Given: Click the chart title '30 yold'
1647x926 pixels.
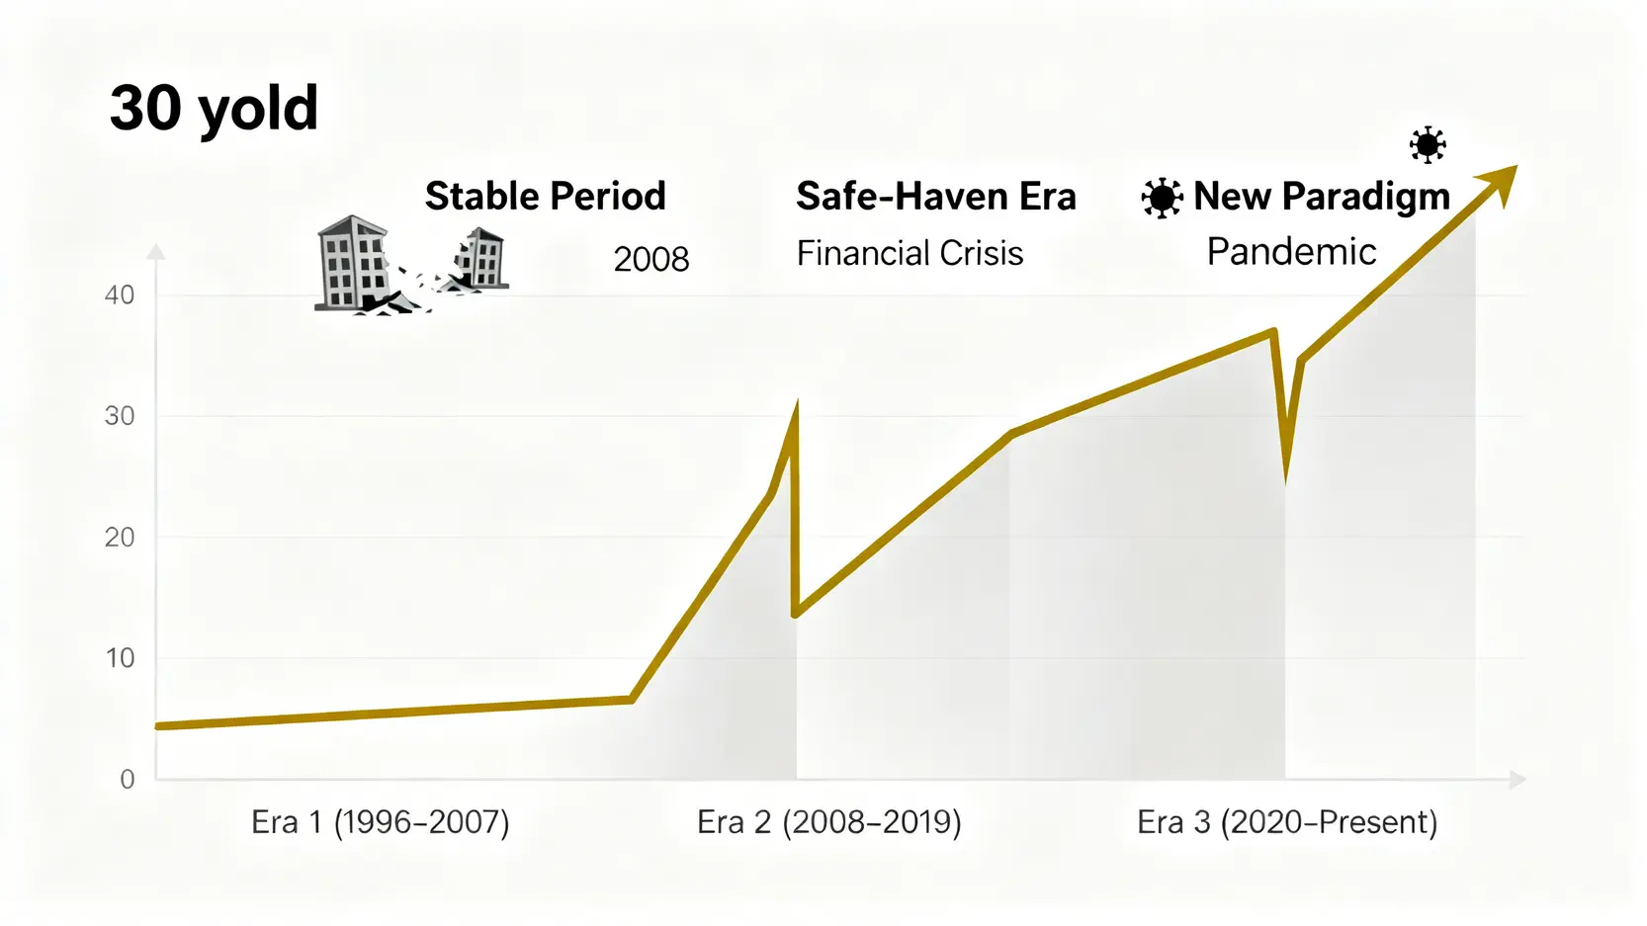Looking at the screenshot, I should pyautogui.click(x=214, y=108).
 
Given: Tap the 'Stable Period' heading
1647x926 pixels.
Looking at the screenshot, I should pyautogui.click(x=545, y=196).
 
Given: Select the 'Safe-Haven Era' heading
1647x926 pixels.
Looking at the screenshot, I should pyautogui.click(x=935, y=196).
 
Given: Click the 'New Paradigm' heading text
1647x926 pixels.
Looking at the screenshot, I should pyautogui.click(x=1321, y=196).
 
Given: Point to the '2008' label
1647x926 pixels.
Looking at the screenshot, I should pyautogui.click(x=650, y=259).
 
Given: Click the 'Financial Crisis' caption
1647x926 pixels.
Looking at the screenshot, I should pyautogui.click(x=910, y=253).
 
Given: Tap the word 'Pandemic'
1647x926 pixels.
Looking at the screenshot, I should pyautogui.click(x=1291, y=252).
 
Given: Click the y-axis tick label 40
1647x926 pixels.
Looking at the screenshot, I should pyautogui.click(x=120, y=295).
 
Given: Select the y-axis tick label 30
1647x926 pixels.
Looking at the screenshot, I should pyautogui.click(x=120, y=416).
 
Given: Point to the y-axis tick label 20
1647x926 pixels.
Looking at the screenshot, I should pyautogui.click(x=120, y=538).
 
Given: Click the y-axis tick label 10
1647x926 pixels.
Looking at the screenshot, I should pyautogui.click(x=120, y=658).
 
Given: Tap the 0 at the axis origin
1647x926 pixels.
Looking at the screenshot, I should pyautogui.click(x=128, y=780).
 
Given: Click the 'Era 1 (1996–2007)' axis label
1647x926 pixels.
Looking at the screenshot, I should pyautogui.click(x=381, y=822).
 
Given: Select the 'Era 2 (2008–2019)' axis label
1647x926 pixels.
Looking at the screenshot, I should pyautogui.click(x=828, y=822).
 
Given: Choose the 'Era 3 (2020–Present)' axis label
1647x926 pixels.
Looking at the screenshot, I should pyautogui.click(x=1287, y=822).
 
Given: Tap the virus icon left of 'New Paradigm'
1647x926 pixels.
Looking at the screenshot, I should pyautogui.click(x=1162, y=198).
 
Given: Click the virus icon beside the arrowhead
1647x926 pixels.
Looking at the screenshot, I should pyautogui.click(x=1428, y=145).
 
